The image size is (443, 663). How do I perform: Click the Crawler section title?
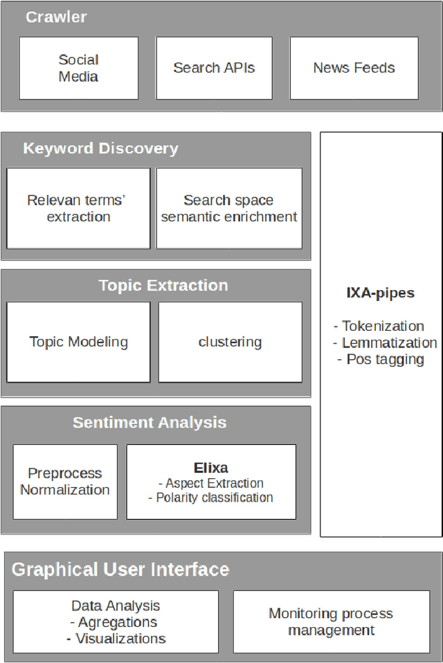pyautogui.click(x=56, y=17)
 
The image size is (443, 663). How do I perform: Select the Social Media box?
pyautogui.click(x=78, y=68)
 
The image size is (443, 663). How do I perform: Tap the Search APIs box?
pyautogui.click(x=214, y=68)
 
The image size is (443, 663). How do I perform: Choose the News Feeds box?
pyautogui.click(x=354, y=68)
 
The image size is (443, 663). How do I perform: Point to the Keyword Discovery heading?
pyautogui.click(x=100, y=148)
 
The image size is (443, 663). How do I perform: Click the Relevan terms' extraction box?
pyautogui.click(x=78, y=208)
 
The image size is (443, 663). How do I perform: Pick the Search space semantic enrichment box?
pyautogui.click(x=229, y=208)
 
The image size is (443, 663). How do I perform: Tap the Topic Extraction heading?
pyautogui.click(x=163, y=285)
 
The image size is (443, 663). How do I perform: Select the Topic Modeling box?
pyautogui.click(x=78, y=342)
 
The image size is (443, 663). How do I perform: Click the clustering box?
pyautogui.click(x=230, y=342)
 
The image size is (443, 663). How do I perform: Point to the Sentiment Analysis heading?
pyautogui.click(x=150, y=422)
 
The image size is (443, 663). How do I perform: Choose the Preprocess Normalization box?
pyautogui.click(x=64, y=482)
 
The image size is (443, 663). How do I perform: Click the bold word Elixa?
pyautogui.click(x=211, y=467)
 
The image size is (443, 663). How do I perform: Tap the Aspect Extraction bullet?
pyautogui.click(x=211, y=483)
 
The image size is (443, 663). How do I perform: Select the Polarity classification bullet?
pyautogui.click(x=211, y=498)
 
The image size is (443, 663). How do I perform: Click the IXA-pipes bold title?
pyautogui.click(x=380, y=293)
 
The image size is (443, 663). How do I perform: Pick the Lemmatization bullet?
pyautogui.click(x=385, y=343)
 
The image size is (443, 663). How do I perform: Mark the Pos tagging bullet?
pyautogui.click(x=380, y=359)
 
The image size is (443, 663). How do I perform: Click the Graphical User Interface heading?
pyautogui.click(x=120, y=570)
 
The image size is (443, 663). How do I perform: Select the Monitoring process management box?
pyautogui.click(x=331, y=621)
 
